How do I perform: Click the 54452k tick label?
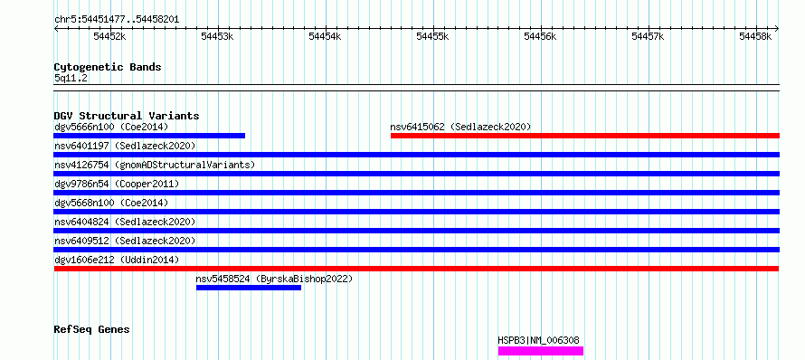[109, 36]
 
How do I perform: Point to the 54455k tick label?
[432, 36]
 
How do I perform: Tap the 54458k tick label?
[755, 36]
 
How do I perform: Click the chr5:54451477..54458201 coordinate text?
[117, 20]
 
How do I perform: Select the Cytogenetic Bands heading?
[108, 67]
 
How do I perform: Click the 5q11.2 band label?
[71, 79]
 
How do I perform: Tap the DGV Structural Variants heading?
[127, 116]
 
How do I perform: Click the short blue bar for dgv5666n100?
[149, 136]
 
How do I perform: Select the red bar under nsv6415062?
[585, 136]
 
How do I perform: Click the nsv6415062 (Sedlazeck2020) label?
[460, 127]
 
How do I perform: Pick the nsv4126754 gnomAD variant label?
[155, 165]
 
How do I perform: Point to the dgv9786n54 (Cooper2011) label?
[117, 184]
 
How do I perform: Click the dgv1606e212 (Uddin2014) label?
[117, 260]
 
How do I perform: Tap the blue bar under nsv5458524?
[249, 288]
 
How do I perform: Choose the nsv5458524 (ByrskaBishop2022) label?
[274, 279]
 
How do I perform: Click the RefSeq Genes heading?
[92, 329]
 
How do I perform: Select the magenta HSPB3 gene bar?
[541, 351]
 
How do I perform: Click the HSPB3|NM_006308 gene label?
[538, 340]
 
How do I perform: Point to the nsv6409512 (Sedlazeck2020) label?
[125, 241]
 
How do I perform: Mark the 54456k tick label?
[540, 36]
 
